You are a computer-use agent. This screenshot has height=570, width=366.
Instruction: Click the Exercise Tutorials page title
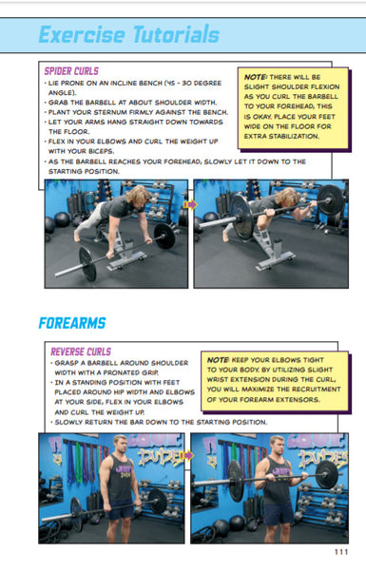click(128, 36)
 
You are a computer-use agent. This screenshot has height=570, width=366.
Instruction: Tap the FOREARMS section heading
click(71, 323)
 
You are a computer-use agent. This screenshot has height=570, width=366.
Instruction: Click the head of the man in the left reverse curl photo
click(119, 448)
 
